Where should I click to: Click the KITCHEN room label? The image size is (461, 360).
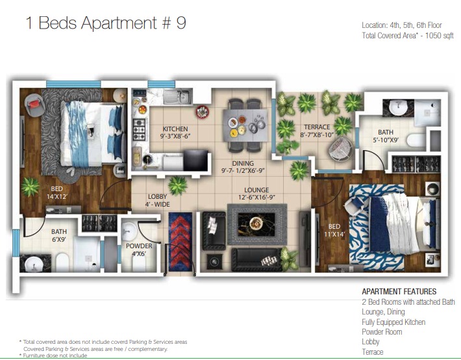[175, 129]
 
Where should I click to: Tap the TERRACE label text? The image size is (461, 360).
[317, 127]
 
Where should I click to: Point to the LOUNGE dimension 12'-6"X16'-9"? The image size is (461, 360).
[256, 197]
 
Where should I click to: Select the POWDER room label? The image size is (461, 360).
[139, 246]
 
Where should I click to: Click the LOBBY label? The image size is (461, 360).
[158, 196]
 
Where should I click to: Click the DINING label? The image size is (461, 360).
[243, 163]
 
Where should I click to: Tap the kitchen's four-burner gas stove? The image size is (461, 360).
[139, 129]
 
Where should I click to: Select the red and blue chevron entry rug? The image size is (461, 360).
[181, 242]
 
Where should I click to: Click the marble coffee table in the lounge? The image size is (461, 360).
[256, 224]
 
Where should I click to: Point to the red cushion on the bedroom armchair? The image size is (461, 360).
[34, 103]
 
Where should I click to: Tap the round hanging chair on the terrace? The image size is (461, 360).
[340, 149]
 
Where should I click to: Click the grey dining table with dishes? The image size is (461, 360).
[245, 125]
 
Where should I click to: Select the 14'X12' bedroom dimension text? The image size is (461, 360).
[56, 197]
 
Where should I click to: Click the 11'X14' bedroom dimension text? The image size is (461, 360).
[334, 235]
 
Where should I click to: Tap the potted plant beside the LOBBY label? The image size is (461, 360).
[177, 185]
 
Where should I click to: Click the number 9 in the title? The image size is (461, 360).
[181, 23]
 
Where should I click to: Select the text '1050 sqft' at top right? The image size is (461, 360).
[440, 36]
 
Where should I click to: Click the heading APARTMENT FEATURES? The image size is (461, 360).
[399, 291]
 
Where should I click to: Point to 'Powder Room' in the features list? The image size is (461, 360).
[382, 332]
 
